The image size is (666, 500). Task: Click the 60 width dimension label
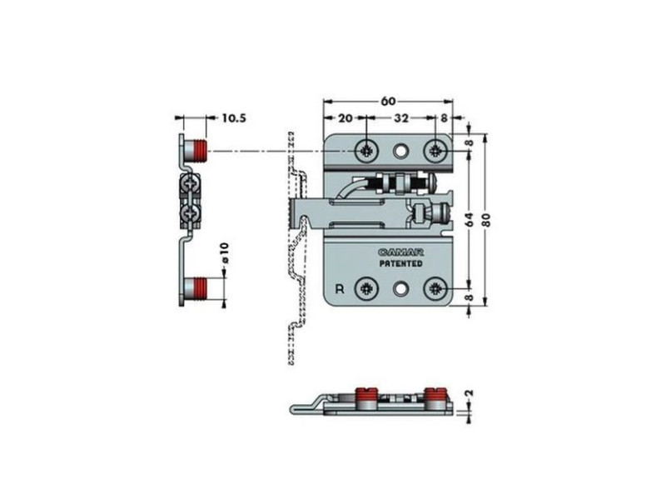[388, 101]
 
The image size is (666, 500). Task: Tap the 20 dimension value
[345, 117]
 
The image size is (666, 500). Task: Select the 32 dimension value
[401, 117]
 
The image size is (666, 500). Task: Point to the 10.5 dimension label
[234, 117]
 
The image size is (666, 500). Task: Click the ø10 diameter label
[225, 252]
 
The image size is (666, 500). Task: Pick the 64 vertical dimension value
[469, 219]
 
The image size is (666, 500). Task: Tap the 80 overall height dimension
[487, 219]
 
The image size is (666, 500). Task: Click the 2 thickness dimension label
[470, 393]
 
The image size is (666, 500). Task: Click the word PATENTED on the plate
[400, 263]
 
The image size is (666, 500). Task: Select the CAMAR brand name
[395, 252]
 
